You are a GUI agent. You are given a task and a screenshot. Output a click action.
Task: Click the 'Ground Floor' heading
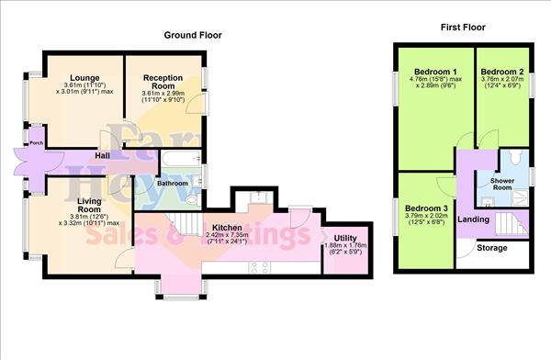tap(193, 35)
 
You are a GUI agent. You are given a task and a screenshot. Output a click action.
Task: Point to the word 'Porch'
tap(36, 142)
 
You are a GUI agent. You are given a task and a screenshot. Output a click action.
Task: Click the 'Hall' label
tap(104, 157)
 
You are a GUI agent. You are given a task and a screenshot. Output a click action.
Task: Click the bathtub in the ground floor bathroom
tap(179, 163)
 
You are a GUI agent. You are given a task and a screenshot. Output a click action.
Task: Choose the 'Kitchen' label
tap(228, 226)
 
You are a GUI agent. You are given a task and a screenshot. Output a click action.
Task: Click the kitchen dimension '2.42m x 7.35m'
tap(228, 235)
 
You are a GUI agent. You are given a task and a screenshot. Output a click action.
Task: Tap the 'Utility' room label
tap(345, 237)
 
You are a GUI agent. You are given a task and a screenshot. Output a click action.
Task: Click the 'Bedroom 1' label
tap(435, 72)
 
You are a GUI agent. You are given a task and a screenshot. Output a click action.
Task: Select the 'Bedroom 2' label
tap(502, 72)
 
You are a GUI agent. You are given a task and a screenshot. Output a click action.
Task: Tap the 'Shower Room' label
tap(501, 185)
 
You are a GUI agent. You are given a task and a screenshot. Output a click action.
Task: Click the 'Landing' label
tap(474, 219)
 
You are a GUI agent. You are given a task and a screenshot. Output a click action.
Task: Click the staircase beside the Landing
tap(511, 221)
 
